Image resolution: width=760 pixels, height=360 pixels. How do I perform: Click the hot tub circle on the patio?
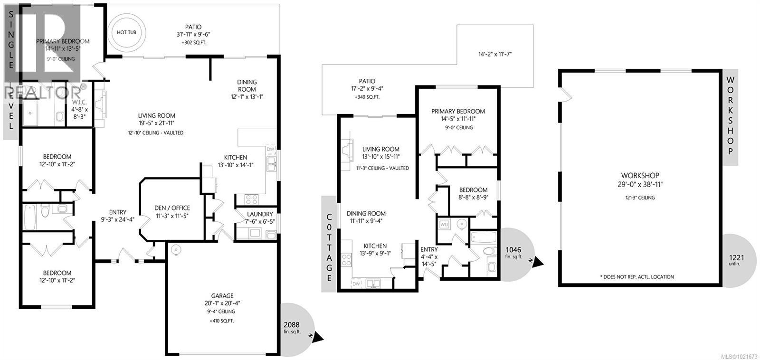(x=126, y=32)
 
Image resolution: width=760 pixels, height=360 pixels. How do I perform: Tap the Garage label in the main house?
(x=223, y=295)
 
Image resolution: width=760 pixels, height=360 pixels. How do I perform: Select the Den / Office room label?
(x=172, y=208)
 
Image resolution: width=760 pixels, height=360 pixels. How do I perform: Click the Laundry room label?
(x=260, y=214)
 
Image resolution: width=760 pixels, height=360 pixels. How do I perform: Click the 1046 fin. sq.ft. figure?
(x=513, y=250)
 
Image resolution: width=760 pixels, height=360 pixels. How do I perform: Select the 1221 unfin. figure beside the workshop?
(x=736, y=257)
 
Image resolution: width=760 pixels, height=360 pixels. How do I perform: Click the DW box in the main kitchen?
(x=271, y=149)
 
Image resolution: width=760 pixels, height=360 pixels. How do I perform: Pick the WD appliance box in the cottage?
(x=445, y=224)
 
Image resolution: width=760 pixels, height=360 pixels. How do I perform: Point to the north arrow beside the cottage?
(x=539, y=261)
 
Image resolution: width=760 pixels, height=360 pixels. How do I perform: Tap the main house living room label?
(x=156, y=115)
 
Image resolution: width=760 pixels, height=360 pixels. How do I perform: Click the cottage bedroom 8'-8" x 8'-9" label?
(x=473, y=189)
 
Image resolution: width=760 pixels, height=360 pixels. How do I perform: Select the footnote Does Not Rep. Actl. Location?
(x=636, y=277)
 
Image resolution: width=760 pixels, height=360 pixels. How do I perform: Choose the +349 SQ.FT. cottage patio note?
(x=367, y=97)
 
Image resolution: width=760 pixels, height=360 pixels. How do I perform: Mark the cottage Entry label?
(x=429, y=249)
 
